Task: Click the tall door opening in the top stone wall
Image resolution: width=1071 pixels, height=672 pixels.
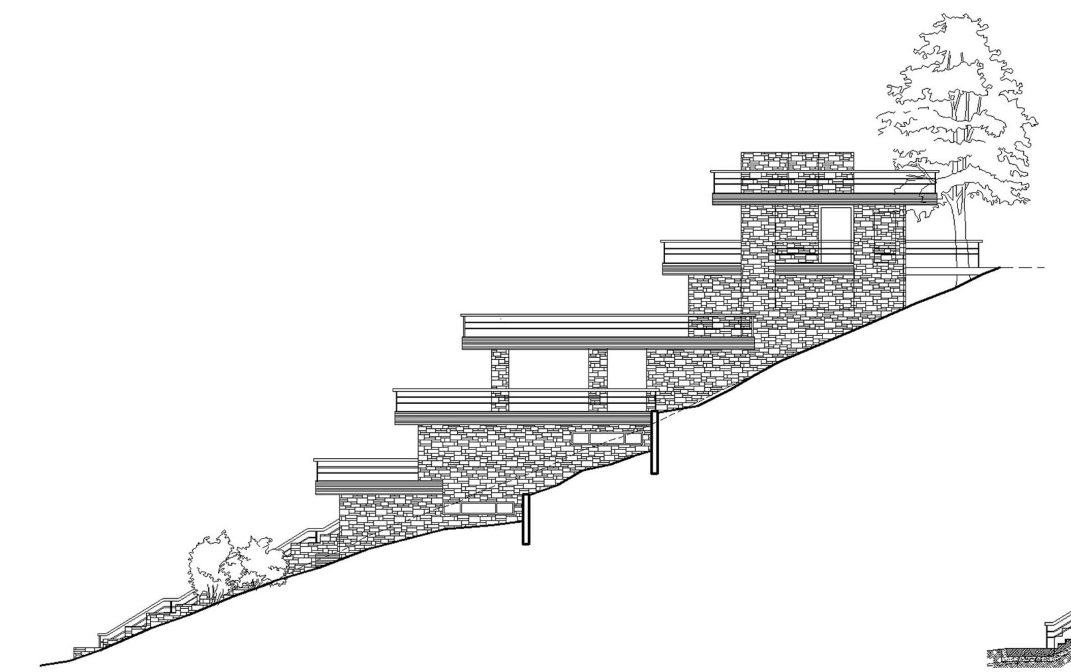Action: click(835, 235)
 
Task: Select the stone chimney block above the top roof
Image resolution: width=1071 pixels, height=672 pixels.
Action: click(797, 161)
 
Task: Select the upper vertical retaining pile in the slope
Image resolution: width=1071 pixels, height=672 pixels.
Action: click(654, 442)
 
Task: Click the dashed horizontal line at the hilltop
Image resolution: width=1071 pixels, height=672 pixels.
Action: click(1023, 268)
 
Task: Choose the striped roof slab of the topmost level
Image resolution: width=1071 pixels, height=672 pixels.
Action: click(824, 199)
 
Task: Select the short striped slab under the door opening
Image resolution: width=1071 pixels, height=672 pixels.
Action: click(814, 269)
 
